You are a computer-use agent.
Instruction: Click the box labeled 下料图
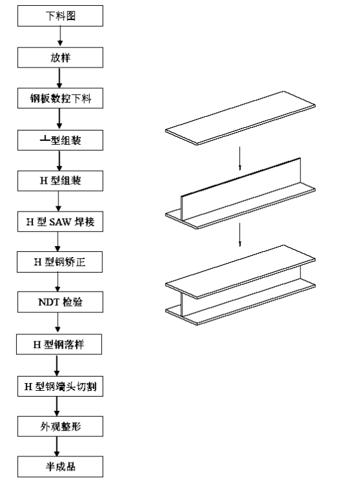tap(60, 16)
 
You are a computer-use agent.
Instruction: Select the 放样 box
tap(60, 58)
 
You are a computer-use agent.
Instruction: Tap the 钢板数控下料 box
tap(60, 98)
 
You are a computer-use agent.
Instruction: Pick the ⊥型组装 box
tap(60, 140)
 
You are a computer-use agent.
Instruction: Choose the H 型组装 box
tap(60, 181)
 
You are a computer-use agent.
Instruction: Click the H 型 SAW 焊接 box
tap(60, 221)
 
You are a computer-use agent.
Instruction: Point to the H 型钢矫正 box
tap(60, 262)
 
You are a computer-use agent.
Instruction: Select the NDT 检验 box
tap(60, 302)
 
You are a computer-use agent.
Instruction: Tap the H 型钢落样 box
tap(59, 344)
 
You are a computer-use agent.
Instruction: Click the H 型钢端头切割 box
tap(60, 386)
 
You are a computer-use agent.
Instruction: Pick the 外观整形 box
tap(60, 427)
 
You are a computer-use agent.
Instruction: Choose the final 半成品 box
tap(60, 467)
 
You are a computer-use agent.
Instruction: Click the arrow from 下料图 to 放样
tap(60, 36)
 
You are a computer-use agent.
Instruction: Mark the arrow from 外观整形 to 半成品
tap(56, 447)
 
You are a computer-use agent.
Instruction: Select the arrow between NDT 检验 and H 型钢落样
tap(58, 323)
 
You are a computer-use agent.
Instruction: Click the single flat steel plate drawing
tap(241, 118)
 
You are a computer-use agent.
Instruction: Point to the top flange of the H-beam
tap(241, 272)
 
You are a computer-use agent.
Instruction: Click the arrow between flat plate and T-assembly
tap(240, 158)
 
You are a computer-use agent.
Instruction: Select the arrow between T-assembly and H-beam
tap(240, 235)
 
